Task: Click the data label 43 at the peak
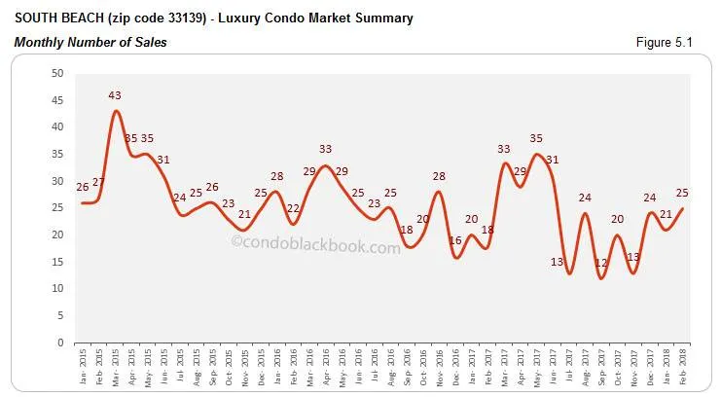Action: tap(115, 95)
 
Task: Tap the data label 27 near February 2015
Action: tap(98, 182)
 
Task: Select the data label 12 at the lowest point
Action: tap(601, 263)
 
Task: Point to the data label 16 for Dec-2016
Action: tap(455, 240)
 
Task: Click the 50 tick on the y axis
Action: tap(56, 73)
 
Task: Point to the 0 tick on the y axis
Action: tap(60, 343)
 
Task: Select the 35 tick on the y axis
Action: tap(56, 154)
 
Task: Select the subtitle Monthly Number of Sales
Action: tap(89, 43)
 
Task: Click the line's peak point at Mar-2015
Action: tap(116, 111)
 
